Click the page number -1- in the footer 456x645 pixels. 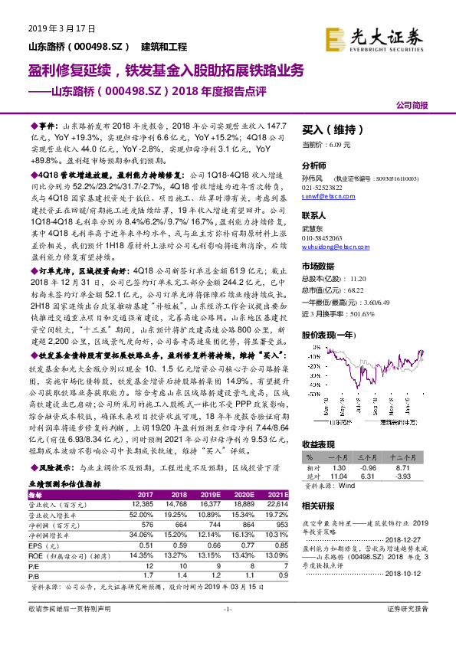point(227,630)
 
